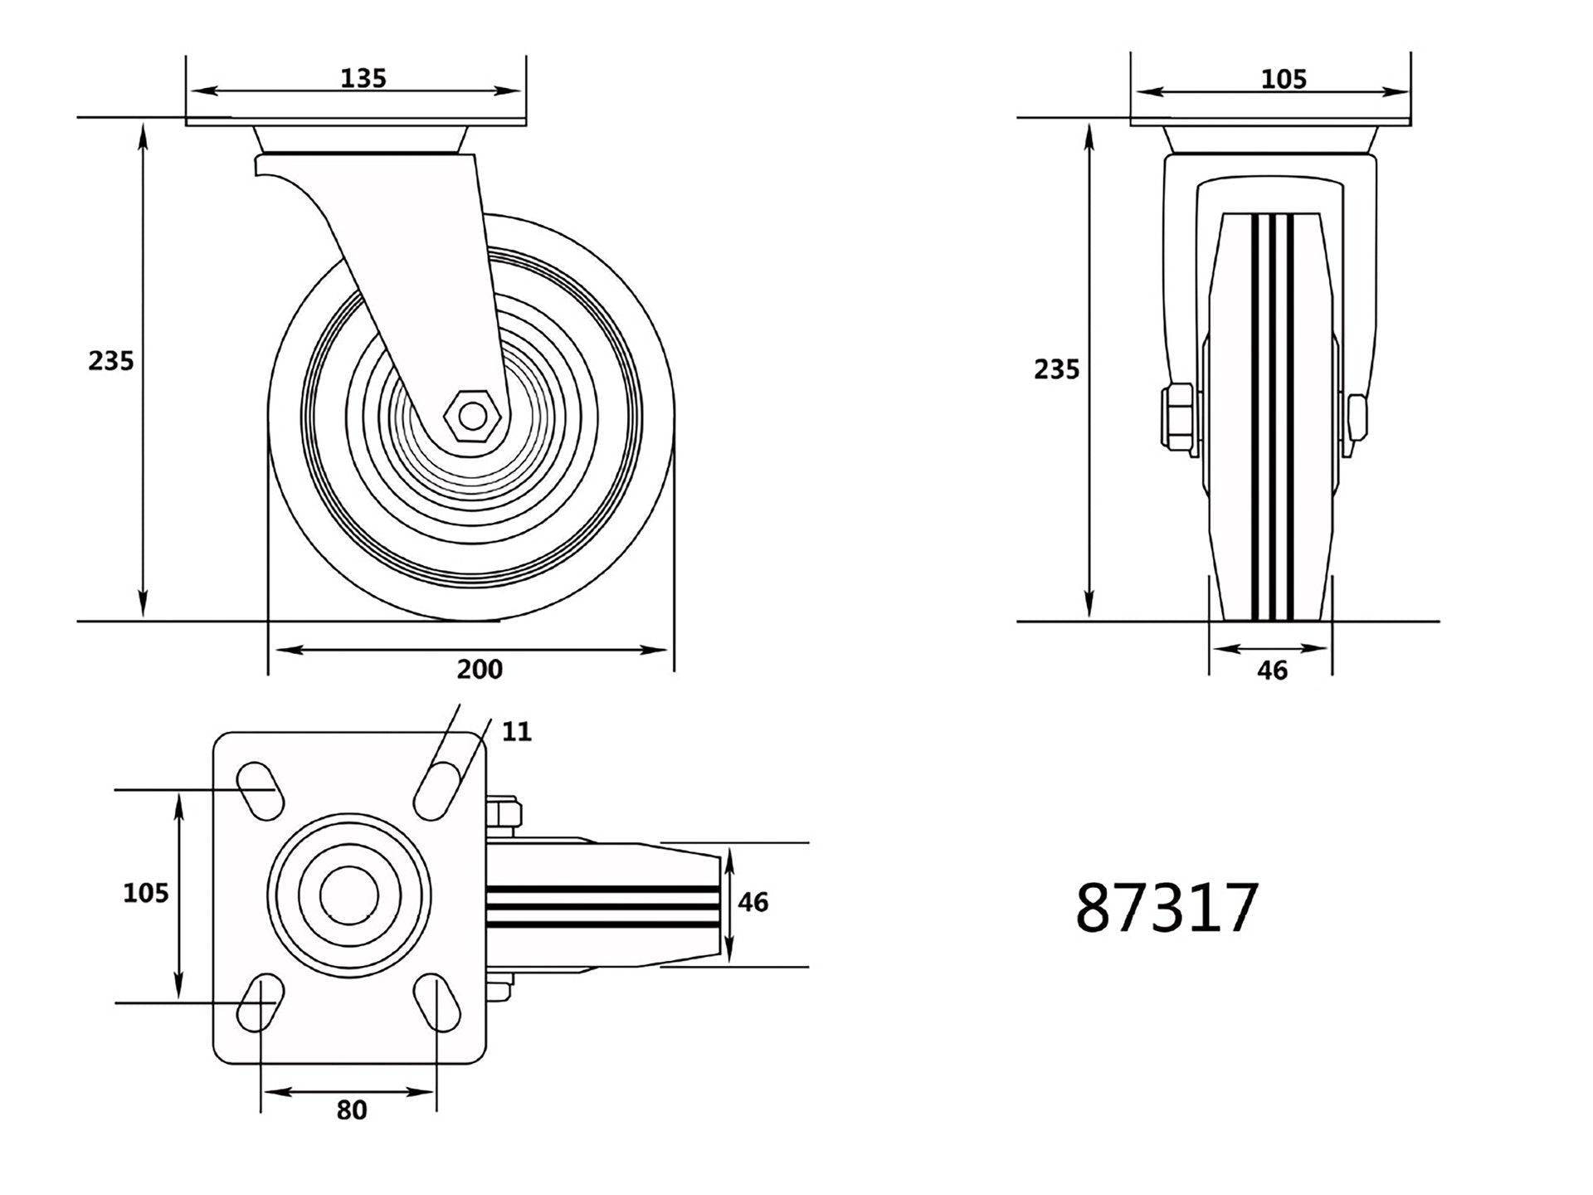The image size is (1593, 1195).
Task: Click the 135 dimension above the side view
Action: (x=363, y=78)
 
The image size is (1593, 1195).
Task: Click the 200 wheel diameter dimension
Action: (x=480, y=669)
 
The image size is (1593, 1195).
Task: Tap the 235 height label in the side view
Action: (x=111, y=361)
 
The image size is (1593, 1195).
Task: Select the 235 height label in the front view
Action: (x=1056, y=369)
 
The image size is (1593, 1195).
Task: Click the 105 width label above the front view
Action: (x=1284, y=80)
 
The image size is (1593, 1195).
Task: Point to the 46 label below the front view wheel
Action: (x=1272, y=671)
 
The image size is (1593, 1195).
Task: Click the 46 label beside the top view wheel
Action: (x=753, y=902)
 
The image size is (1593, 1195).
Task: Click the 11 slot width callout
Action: (x=516, y=732)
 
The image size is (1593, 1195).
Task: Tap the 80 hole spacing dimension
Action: (x=352, y=1110)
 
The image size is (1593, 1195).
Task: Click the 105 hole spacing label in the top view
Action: (x=146, y=893)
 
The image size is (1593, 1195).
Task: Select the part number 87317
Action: (x=1167, y=909)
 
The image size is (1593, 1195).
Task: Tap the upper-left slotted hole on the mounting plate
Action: (x=261, y=789)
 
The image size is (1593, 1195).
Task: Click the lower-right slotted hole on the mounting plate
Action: (x=436, y=1002)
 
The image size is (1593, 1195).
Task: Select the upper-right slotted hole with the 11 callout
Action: (x=438, y=789)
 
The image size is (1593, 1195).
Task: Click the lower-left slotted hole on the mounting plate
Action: (x=261, y=1002)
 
